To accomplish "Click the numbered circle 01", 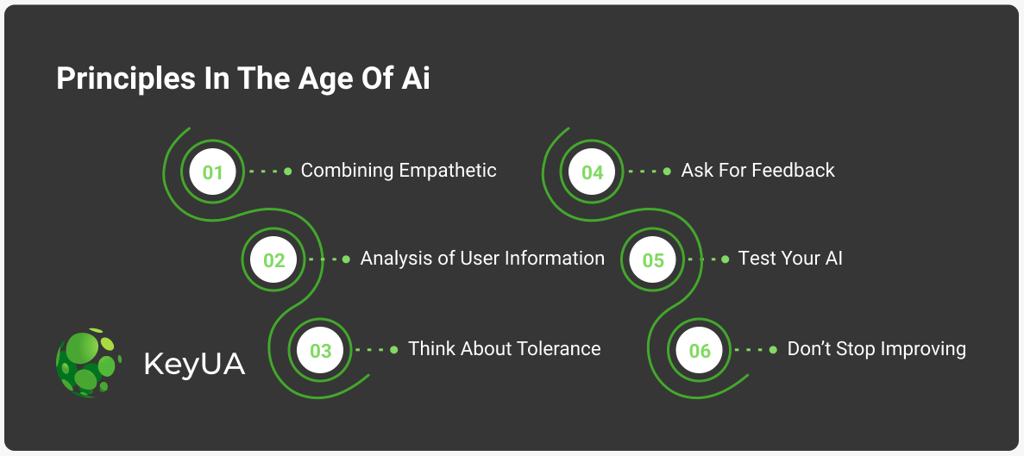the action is pos(212,172).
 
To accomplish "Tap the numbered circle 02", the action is pos(273,259).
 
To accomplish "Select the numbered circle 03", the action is pos(320,350).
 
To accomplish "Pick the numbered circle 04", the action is pos(592,172).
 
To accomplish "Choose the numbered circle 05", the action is pos(652,259).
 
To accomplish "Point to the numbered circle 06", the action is pos(699,350).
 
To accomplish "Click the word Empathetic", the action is pos(448,171).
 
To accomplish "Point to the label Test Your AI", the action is pos(790,259).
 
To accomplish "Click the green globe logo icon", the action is pos(89,362).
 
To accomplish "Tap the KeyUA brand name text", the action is pos(195,364).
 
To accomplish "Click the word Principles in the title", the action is pos(126,79).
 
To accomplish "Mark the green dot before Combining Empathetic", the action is pos(288,171).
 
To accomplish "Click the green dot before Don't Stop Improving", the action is pos(773,350).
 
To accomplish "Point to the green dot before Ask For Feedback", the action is pos(667,171).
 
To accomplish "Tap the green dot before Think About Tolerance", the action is pos(393,350).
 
